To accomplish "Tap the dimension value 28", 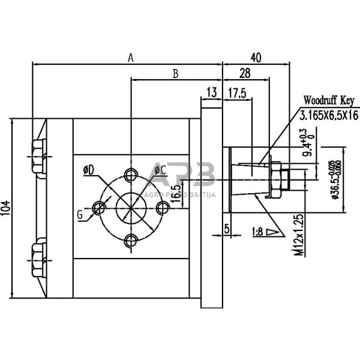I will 245,74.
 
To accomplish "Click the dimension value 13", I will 211,92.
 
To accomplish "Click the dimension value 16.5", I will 175,196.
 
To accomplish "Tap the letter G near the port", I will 80,213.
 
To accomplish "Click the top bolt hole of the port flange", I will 131,174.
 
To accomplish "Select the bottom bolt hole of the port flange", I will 131,241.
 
